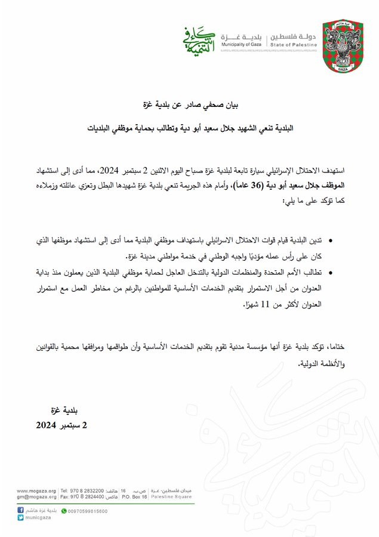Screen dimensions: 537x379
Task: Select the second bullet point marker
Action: (x=332, y=274)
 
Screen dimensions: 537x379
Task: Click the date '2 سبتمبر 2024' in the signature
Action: (x=61, y=425)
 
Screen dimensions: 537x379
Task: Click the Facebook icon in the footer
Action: (x=20, y=511)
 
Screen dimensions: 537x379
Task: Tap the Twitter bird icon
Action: (x=20, y=518)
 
